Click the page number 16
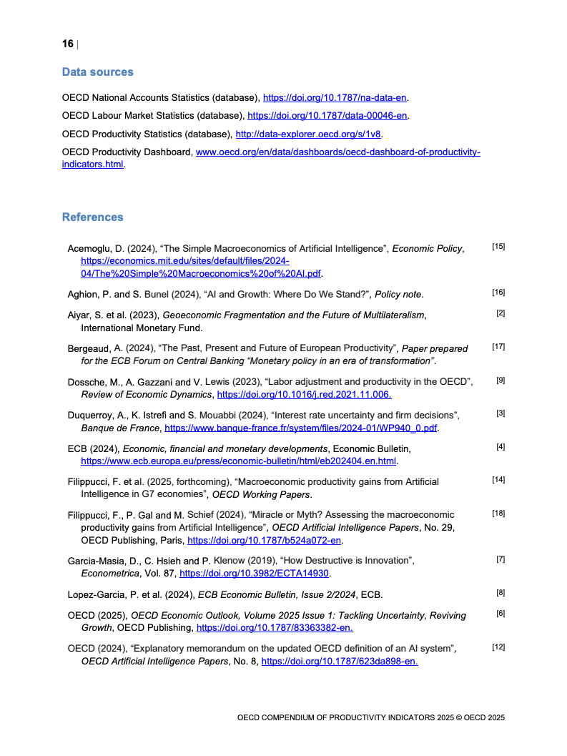(68, 44)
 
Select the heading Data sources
(97, 72)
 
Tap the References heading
(92, 217)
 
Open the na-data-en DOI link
(335, 97)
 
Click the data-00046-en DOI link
(327, 115)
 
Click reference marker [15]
(498, 247)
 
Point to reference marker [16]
(498, 293)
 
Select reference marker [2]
(501, 313)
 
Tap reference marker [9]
(501, 380)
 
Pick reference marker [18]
(498, 513)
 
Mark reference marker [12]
(498, 647)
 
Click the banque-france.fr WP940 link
(301, 428)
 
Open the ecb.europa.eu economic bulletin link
(239, 461)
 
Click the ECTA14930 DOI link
(255, 574)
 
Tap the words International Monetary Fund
(142, 328)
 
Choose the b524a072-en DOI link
(265, 541)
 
